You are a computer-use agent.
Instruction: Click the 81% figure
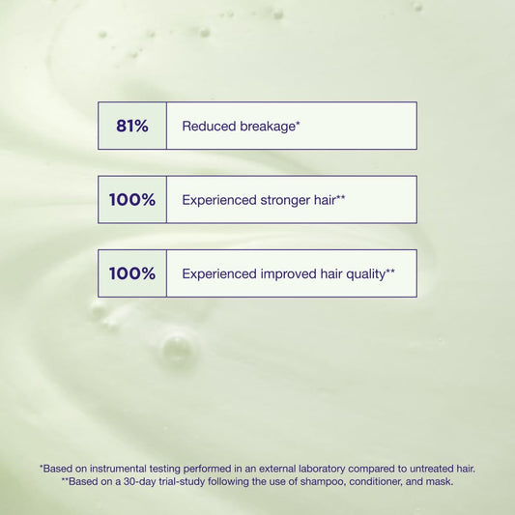coord(131,126)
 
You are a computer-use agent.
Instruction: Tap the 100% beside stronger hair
coord(131,200)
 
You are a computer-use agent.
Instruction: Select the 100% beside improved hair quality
coord(131,273)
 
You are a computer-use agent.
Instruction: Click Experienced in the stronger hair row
coord(218,200)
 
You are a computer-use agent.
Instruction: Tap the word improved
coord(290,273)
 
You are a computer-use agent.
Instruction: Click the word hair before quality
coord(333,273)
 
